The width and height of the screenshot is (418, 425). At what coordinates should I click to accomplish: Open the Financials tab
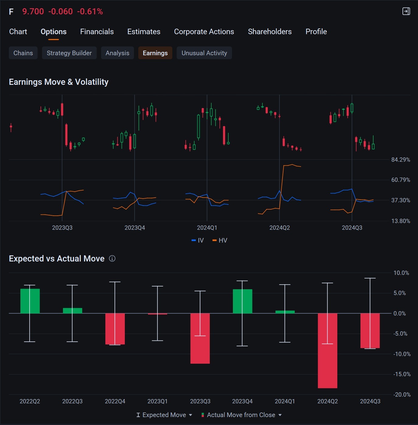[x=97, y=31]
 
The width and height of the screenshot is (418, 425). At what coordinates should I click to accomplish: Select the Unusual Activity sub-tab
[x=204, y=53]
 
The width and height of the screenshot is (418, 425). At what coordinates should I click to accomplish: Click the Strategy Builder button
[x=69, y=53]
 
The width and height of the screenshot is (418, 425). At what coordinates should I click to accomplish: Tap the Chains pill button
[x=23, y=53]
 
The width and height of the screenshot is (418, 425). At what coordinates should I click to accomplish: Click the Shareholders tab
[x=270, y=31]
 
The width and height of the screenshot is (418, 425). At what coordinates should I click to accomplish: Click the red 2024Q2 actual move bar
[x=327, y=351]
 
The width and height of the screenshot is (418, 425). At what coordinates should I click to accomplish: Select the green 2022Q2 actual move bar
[x=30, y=301]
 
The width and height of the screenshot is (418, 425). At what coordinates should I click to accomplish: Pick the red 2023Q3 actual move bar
[x=200, y=338]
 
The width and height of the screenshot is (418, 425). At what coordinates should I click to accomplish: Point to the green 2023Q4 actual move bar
[x=242, y=301]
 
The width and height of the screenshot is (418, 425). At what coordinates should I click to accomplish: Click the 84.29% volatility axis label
[x=401, y=160]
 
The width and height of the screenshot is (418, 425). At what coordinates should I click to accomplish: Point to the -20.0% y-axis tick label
[x=402, y=394]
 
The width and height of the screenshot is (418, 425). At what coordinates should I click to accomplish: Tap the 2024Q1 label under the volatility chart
[x=207, y=228]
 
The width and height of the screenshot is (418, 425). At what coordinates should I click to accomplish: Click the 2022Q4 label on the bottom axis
[x=115, y=401]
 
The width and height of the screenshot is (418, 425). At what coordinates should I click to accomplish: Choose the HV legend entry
[x=220, y=240]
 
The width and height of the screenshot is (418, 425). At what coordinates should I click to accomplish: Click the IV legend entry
[x=198, y=240]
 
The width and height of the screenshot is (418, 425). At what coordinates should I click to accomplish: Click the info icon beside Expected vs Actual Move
[x=112, y=258]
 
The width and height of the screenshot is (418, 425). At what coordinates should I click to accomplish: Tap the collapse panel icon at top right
[x=406, y=11]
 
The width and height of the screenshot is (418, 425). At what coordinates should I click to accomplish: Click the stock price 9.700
[x=33, y=12]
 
